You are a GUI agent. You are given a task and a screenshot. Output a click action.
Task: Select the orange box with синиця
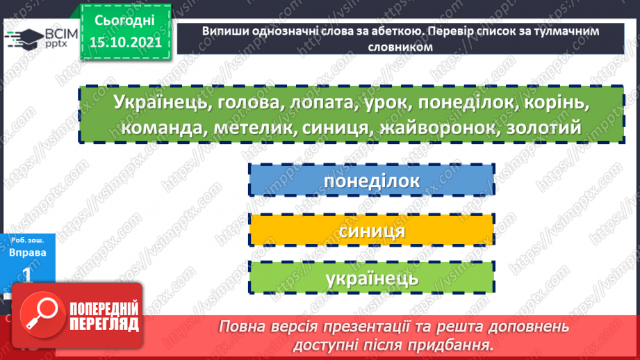(371, 231)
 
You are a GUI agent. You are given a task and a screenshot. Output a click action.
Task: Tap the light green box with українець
(371, 279)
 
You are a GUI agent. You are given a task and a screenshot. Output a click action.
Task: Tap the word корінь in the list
(556, 103)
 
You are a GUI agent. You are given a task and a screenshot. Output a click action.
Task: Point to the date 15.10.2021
(125, 42)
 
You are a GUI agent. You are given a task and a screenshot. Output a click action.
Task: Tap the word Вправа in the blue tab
(28, 252)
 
